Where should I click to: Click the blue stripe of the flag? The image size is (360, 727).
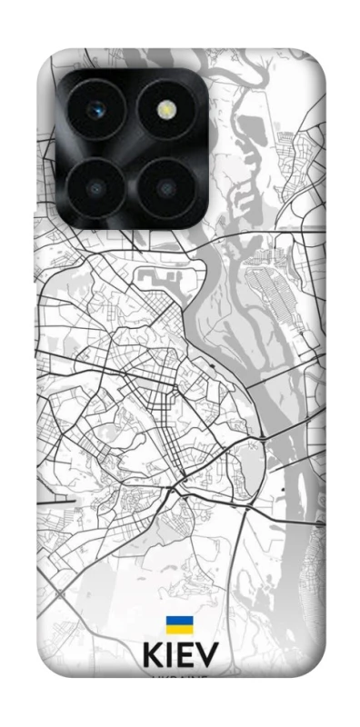tap(177, 620)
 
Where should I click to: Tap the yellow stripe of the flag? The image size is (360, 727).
tap(177, 628)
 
